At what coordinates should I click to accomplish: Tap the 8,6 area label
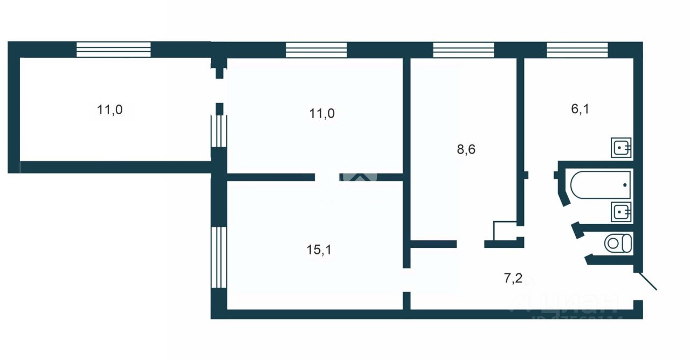pyautogui.click(x=466, y=150)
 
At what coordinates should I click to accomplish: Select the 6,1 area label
pyautogui.click(x=579, y=109)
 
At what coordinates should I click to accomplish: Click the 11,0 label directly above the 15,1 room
pyautogui.click(x=322, y=113)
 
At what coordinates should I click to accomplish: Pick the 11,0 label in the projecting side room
pyautogui.click(x=110, y=110)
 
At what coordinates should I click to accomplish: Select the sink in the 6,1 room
pyautogui.click(x=621, y=147)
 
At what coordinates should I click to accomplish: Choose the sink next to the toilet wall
pyautogui.click(x=621, y=212)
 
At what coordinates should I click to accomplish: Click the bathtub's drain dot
pyautogui.click(x=625, y=185)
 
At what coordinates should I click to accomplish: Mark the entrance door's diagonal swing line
pyautogui.click(x=648, y=281)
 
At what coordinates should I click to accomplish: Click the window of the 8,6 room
pyautogui.click(x=464, y=50)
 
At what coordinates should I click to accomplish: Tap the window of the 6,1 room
pyautogui.click(x=577, y=50)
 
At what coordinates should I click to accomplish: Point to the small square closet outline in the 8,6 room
pyautogui.click(x=505, y=230)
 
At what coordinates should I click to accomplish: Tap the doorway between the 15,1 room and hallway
pyautogui.click(x=406, y=280)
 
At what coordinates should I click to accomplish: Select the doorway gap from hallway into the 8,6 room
pyautogui.click(x=471, y=244)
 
